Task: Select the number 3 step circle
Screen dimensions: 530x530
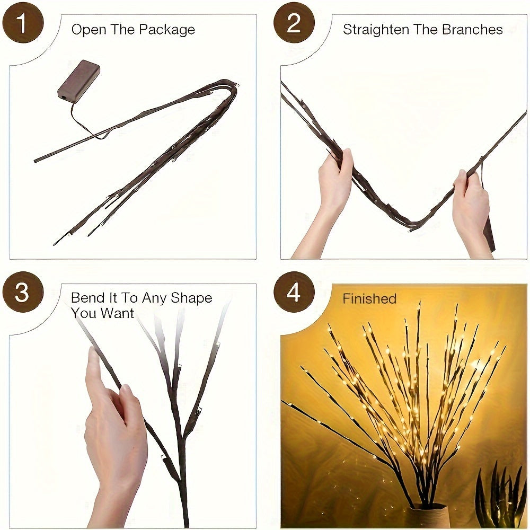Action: [x=22, y=293]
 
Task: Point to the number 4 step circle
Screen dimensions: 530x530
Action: [x=294, y=293]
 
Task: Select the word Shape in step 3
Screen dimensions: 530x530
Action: [x=191, y=298]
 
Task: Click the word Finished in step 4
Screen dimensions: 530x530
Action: [x=369, y=299]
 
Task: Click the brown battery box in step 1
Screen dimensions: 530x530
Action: [x=78, y=80]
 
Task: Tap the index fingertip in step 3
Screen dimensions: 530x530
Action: [x=93, y=354]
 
